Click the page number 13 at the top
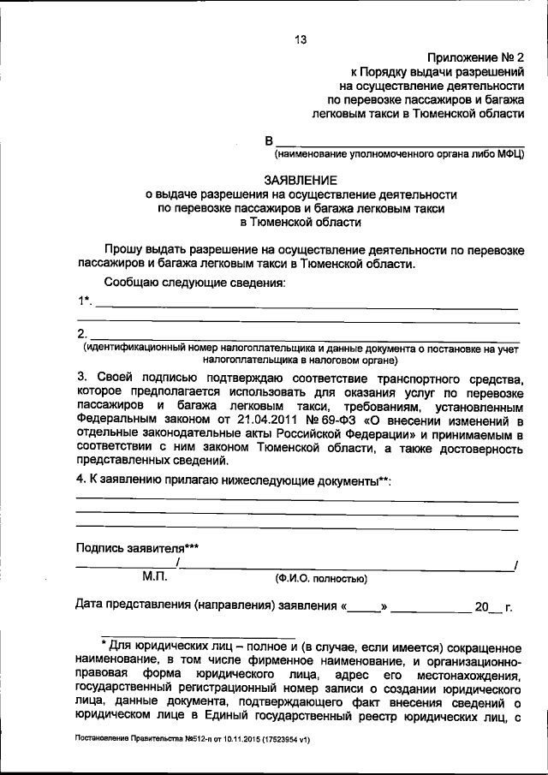(301, 39)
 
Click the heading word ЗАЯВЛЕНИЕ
(301, 180)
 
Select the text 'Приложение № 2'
(475, 57)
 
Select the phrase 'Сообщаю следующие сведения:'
(194, 283)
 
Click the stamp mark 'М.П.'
(159, 577)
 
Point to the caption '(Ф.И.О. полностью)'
(321, 579)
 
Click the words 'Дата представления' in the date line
(133, 606)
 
